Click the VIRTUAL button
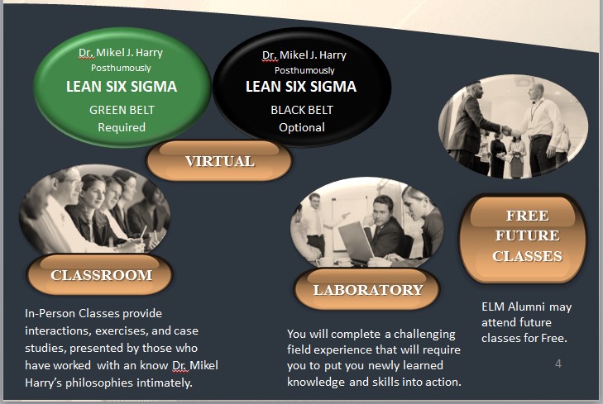click(x=219, y=160)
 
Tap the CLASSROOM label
click(x=100, y=275)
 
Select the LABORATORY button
click(x=367, y=289)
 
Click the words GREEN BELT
click(x=122, y=110)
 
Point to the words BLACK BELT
click(x=302, y=110)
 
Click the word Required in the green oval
click(x=122, y=127)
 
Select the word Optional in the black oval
click(x=302, y=127)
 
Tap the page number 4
click(x=558, y=364)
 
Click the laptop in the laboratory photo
click(x=356, y=243)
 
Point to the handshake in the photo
click(x=507, y=131)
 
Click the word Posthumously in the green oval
click(x=121, y=68)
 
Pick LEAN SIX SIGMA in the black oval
click(x=301, y=87)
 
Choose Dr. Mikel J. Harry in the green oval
click(x=121, y=52)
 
